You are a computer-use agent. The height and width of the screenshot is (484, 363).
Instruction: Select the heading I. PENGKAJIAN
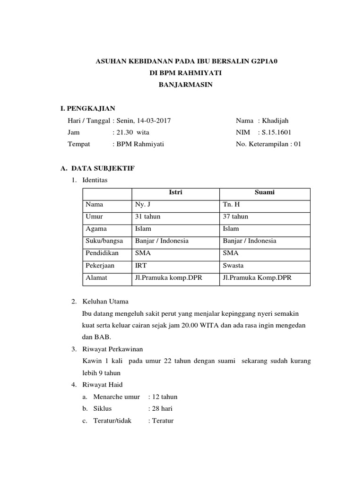(x=85, y=109)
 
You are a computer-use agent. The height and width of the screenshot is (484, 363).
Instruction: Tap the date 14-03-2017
(x=153, y=121)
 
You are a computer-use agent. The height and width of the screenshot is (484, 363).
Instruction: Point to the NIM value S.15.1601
(x=277, y=132)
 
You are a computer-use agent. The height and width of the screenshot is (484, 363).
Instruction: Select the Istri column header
(x=175, y=193)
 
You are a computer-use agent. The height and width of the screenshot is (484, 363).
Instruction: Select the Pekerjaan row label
(x=100, y=266)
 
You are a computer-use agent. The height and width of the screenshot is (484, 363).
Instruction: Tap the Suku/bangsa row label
(x=104, y=241)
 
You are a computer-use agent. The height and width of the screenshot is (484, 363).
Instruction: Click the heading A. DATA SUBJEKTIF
(x=96, y=168)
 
